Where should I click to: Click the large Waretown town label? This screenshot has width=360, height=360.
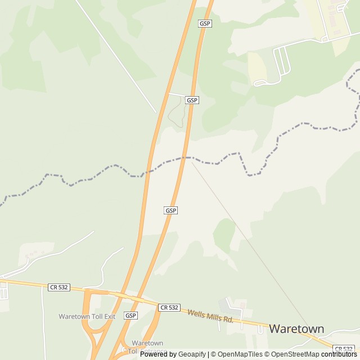pos(296,328)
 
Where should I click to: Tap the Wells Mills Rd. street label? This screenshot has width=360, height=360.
pos(210,316)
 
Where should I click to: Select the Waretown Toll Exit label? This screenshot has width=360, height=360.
pos(87,316)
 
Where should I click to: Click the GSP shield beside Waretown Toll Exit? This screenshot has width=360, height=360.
pos(131,316)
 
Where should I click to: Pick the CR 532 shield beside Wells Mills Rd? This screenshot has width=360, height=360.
pos(169,307)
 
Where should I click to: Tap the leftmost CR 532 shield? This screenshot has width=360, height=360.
pos(58,287)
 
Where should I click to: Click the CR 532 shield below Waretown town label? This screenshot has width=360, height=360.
pos(344,349)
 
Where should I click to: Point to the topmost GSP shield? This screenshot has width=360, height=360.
pos(205,24)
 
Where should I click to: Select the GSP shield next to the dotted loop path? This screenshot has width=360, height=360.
pos(192,100)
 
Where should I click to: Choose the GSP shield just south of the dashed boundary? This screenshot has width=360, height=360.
pos(171,210)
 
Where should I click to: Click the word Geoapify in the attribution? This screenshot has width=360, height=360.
pos(192,354)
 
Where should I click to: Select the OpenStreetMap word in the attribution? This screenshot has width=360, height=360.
pos(295,354)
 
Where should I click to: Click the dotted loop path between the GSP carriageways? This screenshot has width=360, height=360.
pos(177,112)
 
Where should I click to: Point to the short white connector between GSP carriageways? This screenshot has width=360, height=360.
pos(177,94)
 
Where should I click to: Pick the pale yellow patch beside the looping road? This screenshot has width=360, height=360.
pos(257,65)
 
